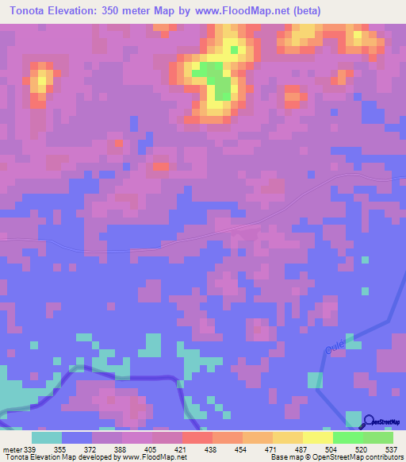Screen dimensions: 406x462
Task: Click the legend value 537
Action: point(393,449)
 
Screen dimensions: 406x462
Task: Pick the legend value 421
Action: point(182,449)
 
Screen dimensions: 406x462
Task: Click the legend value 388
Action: point(122,449)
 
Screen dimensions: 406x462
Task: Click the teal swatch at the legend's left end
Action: point(47,437)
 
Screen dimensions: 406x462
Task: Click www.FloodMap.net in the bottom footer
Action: point(155,457)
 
